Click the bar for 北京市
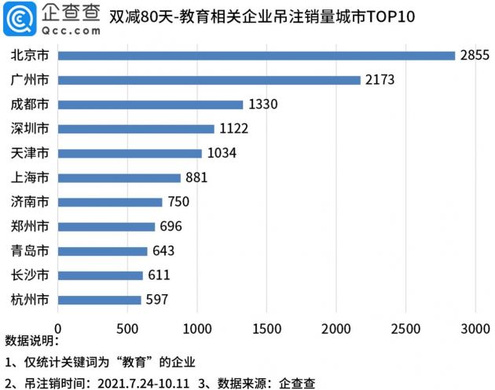(256, 55)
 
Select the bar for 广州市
(209, 79)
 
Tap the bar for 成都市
(150, 104)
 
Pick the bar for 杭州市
(99, 300)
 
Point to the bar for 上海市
(119, 177)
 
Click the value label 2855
(475, 55)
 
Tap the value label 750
(178, 202)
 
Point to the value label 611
(159, 275)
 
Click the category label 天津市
(31, 153)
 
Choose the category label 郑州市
(31, 227)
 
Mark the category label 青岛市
(31, 251)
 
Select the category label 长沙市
(31, 275)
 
